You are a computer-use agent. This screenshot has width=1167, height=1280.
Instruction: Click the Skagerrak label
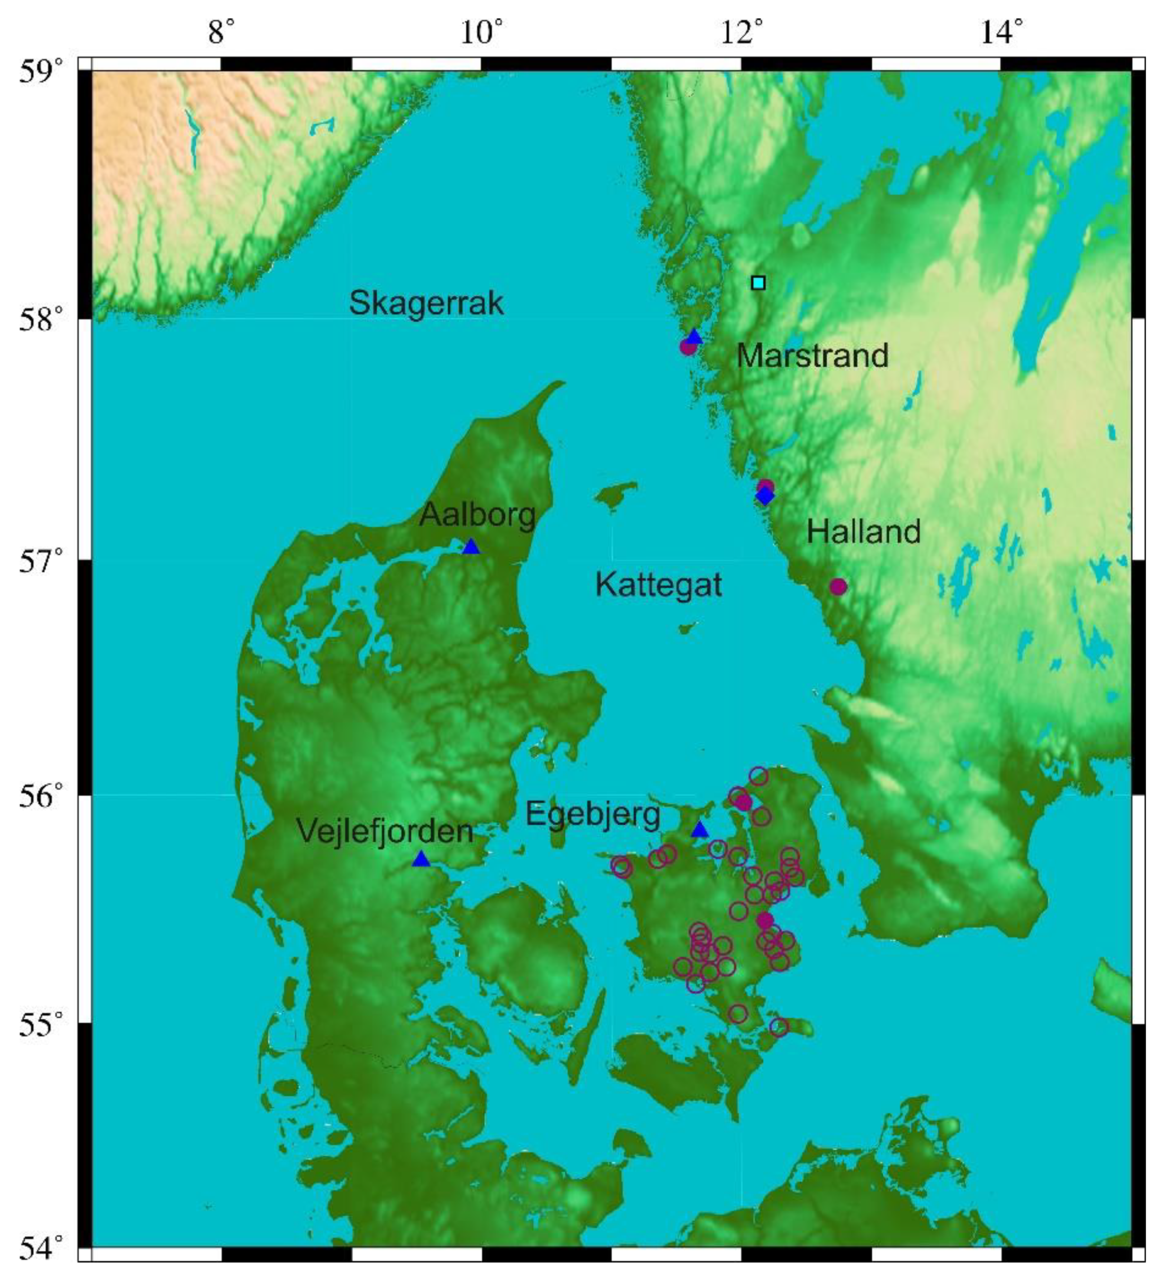(426, 303)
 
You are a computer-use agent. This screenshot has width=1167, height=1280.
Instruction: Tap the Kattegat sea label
(659, 584)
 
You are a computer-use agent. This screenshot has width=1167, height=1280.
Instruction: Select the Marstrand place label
(812, 356)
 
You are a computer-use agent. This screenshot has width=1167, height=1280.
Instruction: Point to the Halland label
(864, 532)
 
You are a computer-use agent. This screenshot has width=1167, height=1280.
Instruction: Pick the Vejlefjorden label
(385, 831)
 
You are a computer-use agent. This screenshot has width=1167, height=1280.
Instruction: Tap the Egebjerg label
(593, 814)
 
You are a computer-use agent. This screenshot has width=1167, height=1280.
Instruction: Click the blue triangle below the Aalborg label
(471, 547)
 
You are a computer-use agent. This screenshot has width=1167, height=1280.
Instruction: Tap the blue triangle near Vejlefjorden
(421, 859)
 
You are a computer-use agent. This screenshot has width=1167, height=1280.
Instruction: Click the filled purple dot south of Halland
(838, 587)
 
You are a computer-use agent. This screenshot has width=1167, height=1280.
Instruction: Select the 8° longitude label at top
(221, 30)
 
